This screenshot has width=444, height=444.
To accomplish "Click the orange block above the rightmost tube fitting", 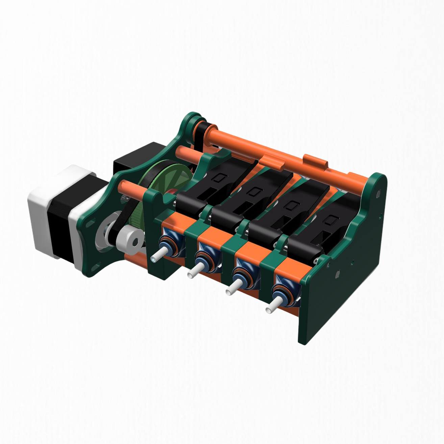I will [x=289, y=269].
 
